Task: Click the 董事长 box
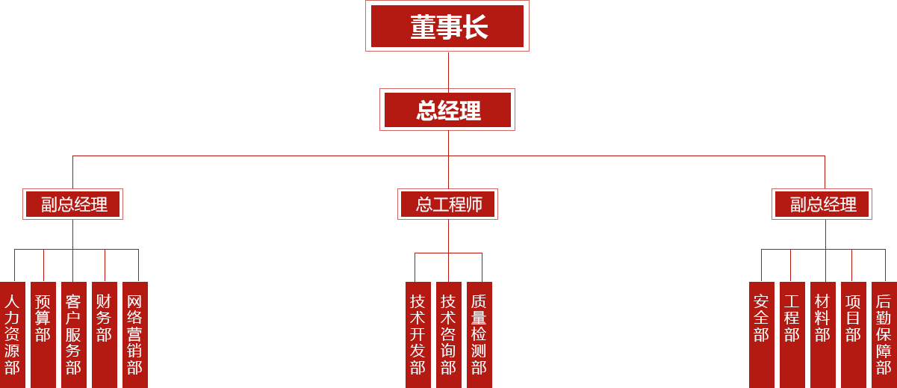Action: pos(447,26)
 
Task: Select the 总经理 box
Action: pos(447,109)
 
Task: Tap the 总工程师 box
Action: pos(447,203)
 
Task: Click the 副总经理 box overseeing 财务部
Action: pos(72,203)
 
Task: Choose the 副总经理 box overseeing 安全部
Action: pos(822,203)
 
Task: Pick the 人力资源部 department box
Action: pos(13,334)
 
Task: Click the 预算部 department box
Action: pos(43,334)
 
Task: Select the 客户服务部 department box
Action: pos(73,334)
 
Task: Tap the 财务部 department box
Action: pos(104,334)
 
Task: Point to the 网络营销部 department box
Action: pos(134,334)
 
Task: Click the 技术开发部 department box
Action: pos(418,334)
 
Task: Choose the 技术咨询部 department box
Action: pos(448,334)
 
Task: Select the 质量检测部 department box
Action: pos(479,334)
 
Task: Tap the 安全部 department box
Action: pos(762,334)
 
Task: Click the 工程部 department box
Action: pos(792,334)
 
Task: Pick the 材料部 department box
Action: pos(822,334)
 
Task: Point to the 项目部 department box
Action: pos(853,334)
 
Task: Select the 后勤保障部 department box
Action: pos(884,334)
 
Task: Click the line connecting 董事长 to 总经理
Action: pos(448,70)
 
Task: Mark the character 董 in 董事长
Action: pos(422,27)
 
